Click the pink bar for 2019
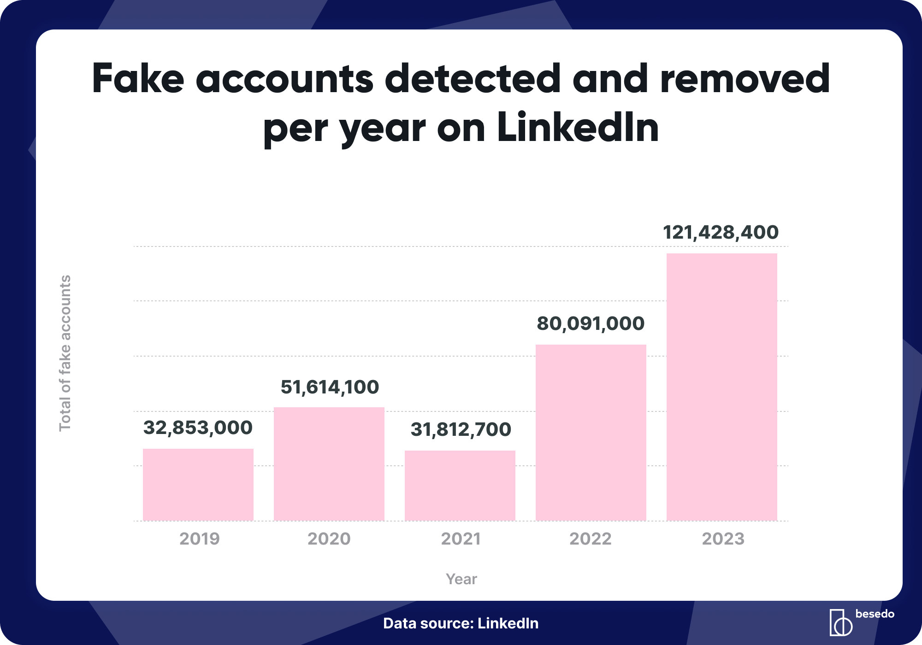198,485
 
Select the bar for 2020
329,464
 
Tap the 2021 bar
460,486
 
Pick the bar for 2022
591,433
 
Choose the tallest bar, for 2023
722,387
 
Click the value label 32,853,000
198,428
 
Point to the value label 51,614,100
330,387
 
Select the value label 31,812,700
461,429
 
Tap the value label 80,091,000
591,323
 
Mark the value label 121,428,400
721,232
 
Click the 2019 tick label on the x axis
200,539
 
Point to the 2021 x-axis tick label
461,539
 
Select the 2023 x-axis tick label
723,539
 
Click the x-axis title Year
461,579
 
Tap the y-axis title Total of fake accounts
65,353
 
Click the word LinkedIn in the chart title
578,128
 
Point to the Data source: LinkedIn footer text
461,623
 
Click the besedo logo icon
840,623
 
